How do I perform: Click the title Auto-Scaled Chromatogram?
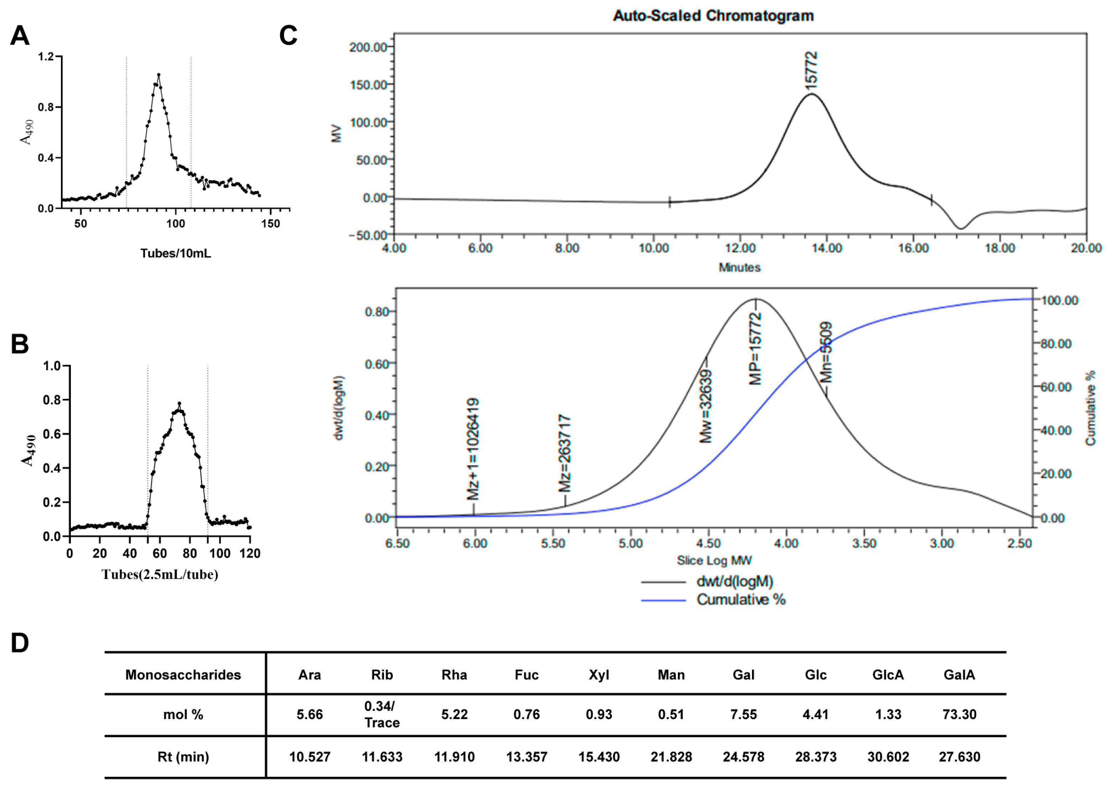coord(713,16)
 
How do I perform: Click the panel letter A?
coord(20,36)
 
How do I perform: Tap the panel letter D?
coord(20,643)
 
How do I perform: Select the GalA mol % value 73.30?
coord(959,714)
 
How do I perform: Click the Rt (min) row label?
coord(183,757)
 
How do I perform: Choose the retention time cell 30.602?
coord(888,757)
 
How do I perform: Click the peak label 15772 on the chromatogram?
coord(811,71)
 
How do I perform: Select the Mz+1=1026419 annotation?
coord(473,449)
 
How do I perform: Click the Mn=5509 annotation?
coord(826,352)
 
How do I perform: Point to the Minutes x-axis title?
coord(740,267)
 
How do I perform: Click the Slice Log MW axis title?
coord(714,560)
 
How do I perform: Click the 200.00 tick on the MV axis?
coord(368,47)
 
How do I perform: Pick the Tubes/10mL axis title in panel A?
coord(175,253)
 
